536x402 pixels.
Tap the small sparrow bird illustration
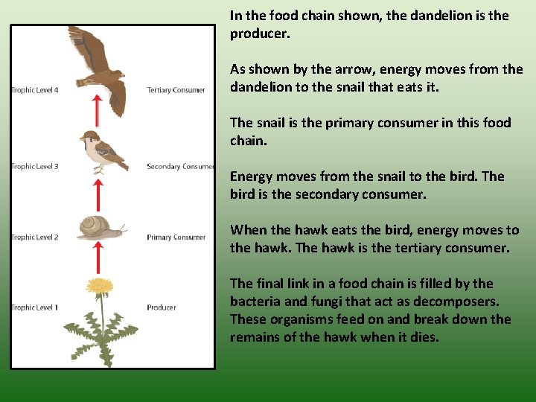point(101,150)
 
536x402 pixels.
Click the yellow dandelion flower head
point(99,285)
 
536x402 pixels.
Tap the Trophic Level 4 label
point(35,90)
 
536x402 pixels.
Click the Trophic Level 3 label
point(35,167)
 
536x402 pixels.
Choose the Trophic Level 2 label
point(35,237)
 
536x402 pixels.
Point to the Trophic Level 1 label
point(35,307)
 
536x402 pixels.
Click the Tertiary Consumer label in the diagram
point(176,90)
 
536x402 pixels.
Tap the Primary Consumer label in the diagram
point(176,237)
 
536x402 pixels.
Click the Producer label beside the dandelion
point(162,307)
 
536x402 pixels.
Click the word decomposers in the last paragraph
point(453,301)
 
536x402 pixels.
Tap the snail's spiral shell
point(92,226)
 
